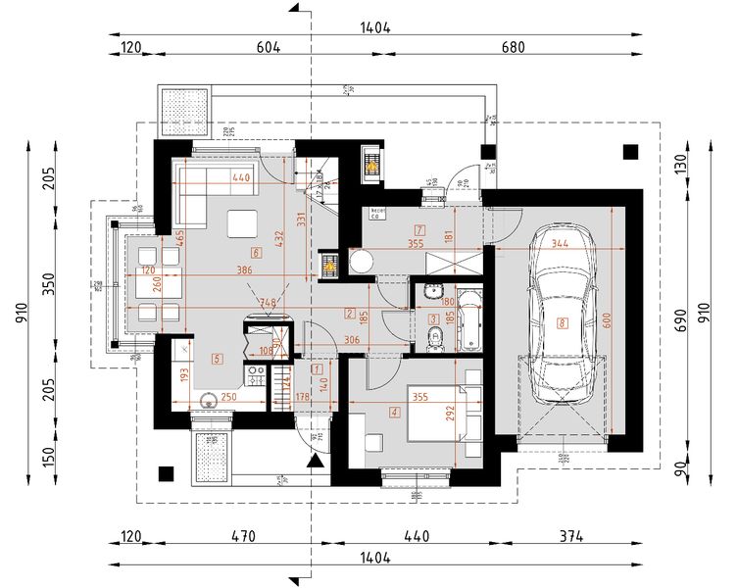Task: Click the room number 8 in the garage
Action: click(x=562, y=322)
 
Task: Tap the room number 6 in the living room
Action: click(x=256, y=253)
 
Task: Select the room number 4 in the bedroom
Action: click(x=394, y=413)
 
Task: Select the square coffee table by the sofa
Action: click(x=241, y=224)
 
